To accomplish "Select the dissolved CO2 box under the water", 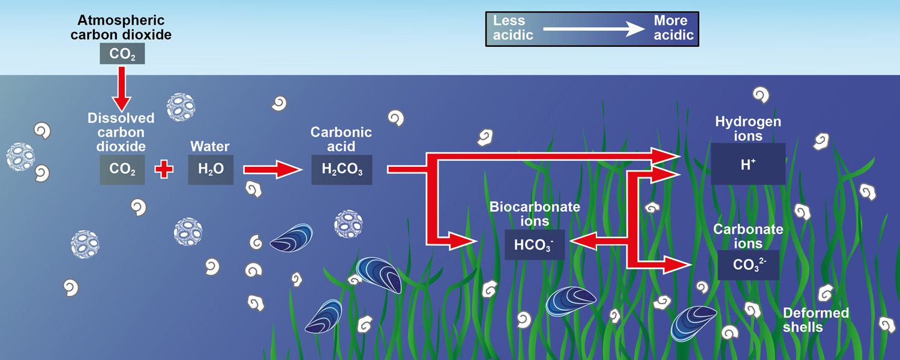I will click(122, 170).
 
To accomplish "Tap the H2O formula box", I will click(211, 170).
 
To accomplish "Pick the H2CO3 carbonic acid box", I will click(342, 170).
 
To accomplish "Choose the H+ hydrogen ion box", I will click(748, 164).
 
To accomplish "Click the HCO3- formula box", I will click(535, 245).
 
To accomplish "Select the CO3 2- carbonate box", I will click(749, 265).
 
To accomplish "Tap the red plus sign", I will click(164, 169).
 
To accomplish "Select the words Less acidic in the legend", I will click(513, 28).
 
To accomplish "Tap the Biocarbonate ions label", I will click(535, 214).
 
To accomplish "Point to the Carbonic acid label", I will click(341, 139).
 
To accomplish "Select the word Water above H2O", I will click(210, 146).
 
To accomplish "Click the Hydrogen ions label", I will click(748, 129).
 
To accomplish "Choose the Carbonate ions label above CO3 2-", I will click(748, 236).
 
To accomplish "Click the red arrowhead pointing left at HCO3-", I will click(580, 241).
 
